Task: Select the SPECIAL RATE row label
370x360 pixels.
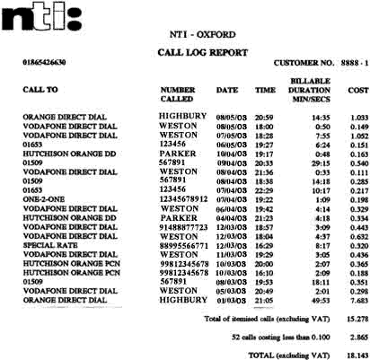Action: [x=48, y=246]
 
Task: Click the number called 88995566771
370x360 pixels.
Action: [x=183, y=246]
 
